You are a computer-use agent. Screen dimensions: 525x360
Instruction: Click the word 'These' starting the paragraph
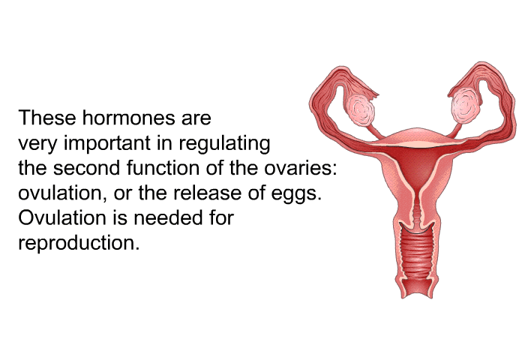(x=47, y=118)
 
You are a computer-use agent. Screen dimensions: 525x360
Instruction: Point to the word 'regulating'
(x=224, y=144)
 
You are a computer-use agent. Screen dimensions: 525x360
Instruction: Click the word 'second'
(x=86, y=168)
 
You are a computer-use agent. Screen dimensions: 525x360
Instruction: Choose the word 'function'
(x=164, y=168)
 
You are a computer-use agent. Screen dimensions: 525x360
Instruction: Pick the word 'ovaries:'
(x=300, y=169)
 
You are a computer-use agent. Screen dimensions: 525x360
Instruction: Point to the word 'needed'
(x=168, y=217)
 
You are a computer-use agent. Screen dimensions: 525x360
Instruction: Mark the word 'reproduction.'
(x=79, y=244)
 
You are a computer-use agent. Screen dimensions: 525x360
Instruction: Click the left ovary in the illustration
(x=361, y=109)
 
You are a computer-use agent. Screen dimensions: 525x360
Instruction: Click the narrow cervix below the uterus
(x=416, y=211)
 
